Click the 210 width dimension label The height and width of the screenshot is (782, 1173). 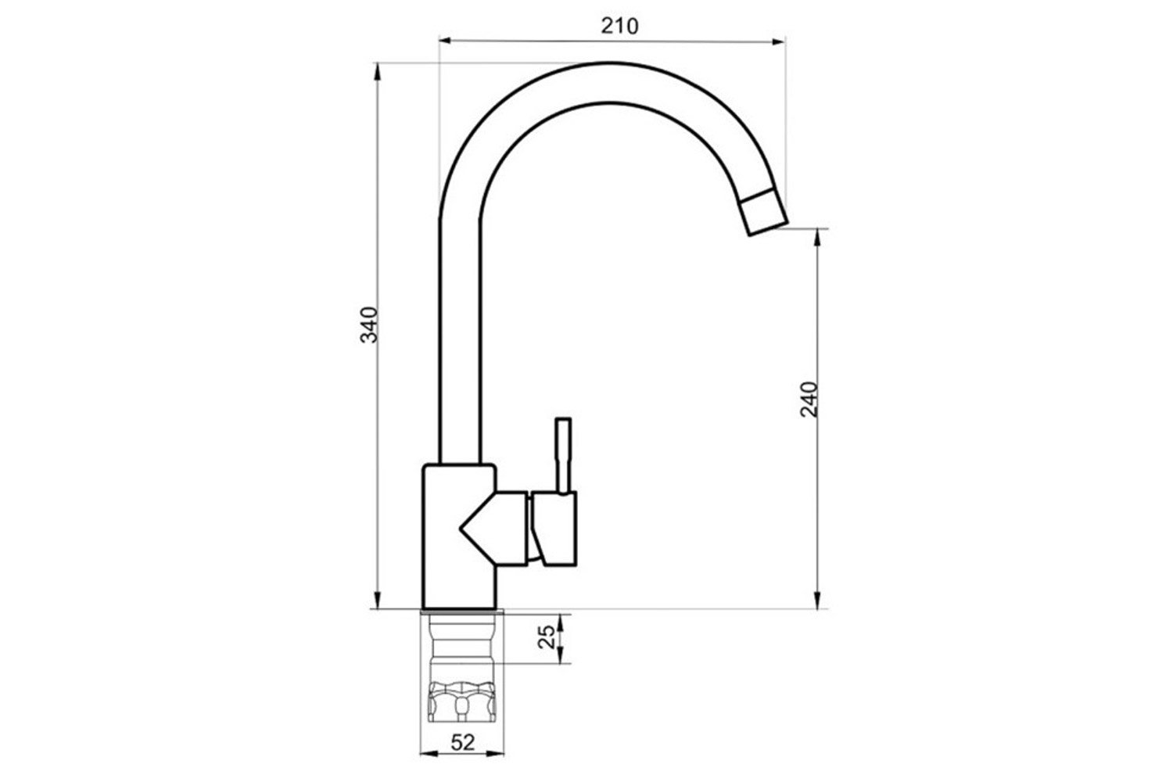pos(619,26)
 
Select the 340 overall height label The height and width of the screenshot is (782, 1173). pos(369,325)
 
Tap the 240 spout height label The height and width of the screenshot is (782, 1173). pos(809,400)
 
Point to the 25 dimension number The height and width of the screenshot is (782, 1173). pos(547,637)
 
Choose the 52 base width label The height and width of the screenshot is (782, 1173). pos(463,742)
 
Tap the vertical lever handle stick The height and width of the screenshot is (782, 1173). pos(563,456)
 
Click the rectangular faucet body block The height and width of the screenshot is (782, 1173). pos(459,537)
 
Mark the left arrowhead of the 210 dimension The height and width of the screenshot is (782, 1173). pos(445,40)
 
